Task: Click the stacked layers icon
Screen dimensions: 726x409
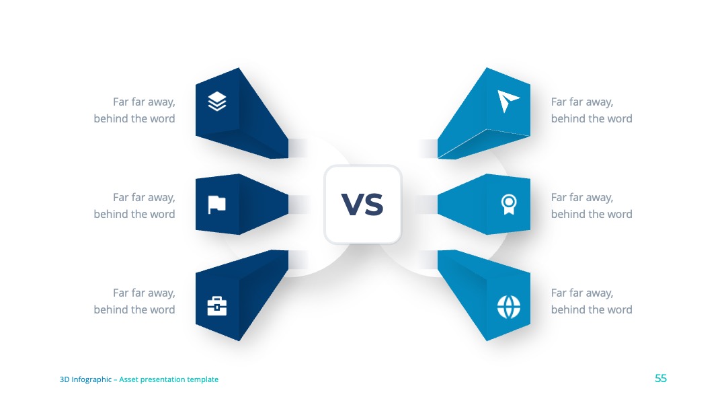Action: click(x=217, y=102)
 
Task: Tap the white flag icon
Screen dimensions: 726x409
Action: click(x=216, y=204)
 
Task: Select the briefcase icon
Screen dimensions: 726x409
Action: click(x=216, y=306)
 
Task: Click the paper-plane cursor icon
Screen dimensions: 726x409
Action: click(x=508, y=101)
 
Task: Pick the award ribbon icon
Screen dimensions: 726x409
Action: click(x=509, y=204)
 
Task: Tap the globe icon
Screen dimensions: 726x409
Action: click(x=509, y=307)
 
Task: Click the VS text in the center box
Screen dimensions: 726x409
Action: click(x=362, y=204)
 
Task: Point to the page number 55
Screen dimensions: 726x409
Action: click(x=661, y=379)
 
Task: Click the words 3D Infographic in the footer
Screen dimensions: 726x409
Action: click(x=85, y=379)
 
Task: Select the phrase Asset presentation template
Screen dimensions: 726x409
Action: click(x=169, y=379)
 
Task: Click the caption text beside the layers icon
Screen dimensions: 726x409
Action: click(x=134, y=110)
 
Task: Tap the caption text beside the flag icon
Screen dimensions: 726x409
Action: click(x=134, y=206)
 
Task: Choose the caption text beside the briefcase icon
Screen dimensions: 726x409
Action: click(x=134, y=301)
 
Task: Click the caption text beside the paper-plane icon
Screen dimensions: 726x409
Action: click(x=592, y=110)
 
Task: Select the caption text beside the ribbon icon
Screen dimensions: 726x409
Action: click(x=592, y=206)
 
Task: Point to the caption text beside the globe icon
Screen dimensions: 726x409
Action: click(x=592, y=301)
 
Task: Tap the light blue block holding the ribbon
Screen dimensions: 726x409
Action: click(x=484, y=204)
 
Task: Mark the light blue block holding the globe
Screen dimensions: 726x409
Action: click(x=484, y=295)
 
